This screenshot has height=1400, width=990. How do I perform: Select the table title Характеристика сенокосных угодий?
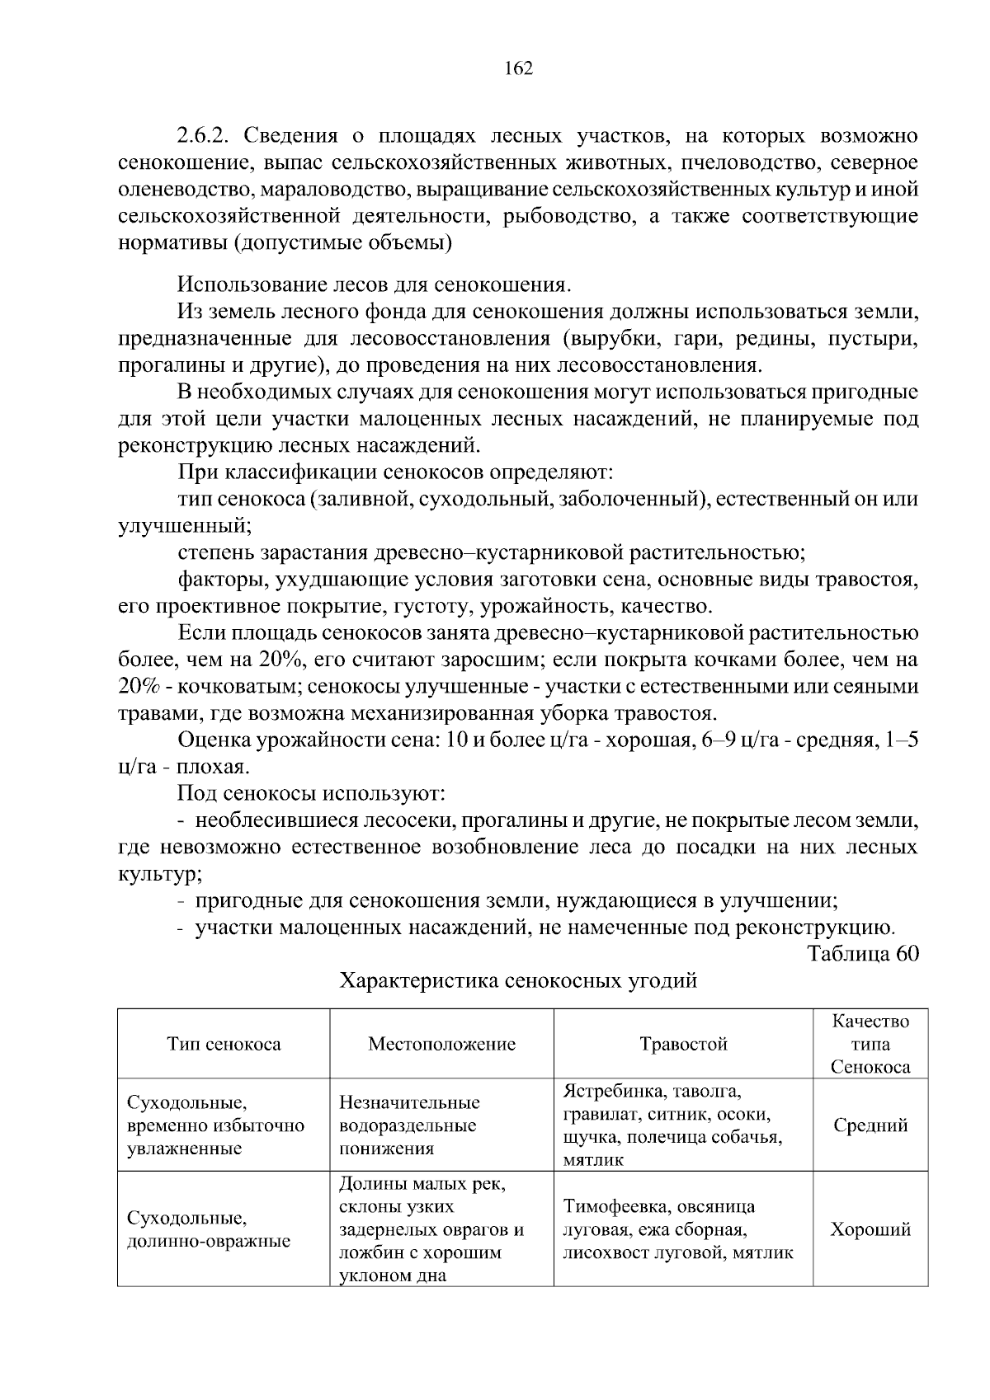click(519, 980)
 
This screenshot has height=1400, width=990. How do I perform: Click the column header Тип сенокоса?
click(224, 1044)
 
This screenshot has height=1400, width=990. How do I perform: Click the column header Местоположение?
click(441, 1044)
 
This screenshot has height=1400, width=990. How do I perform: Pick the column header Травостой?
click(683, 1044)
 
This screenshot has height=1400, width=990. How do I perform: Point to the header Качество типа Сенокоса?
click(870, 1044)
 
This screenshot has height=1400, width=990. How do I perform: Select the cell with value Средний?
click(870, 1125)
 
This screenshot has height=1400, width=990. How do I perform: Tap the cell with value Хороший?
click(870, 1229)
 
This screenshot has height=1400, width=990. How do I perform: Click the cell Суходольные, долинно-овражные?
click(208, 1229)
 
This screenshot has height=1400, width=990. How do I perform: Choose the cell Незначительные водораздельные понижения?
click(409, 1125)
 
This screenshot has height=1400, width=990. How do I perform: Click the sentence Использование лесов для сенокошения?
click(374, 285)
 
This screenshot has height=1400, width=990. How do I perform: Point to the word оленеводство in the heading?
click(186, 190)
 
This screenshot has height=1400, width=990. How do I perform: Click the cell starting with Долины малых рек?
click(431, 1229)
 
